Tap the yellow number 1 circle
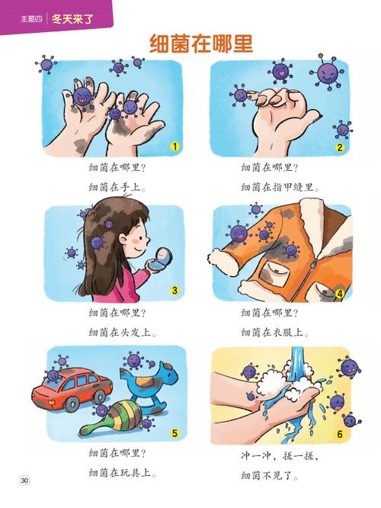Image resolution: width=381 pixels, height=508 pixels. tap(174, 146)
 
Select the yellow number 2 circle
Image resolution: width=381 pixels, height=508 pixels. tap(340, 148)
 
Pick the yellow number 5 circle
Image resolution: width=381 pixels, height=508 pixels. tap(174, 434)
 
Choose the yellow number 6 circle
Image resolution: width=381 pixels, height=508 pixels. tap(340, 435)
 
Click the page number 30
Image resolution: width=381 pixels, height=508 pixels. tap(25, 480)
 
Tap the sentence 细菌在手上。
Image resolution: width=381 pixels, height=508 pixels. tap(117, 187)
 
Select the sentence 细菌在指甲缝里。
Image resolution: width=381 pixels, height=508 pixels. tap(281, 187)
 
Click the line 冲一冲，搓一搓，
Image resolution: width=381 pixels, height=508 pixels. tap(276, 458)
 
